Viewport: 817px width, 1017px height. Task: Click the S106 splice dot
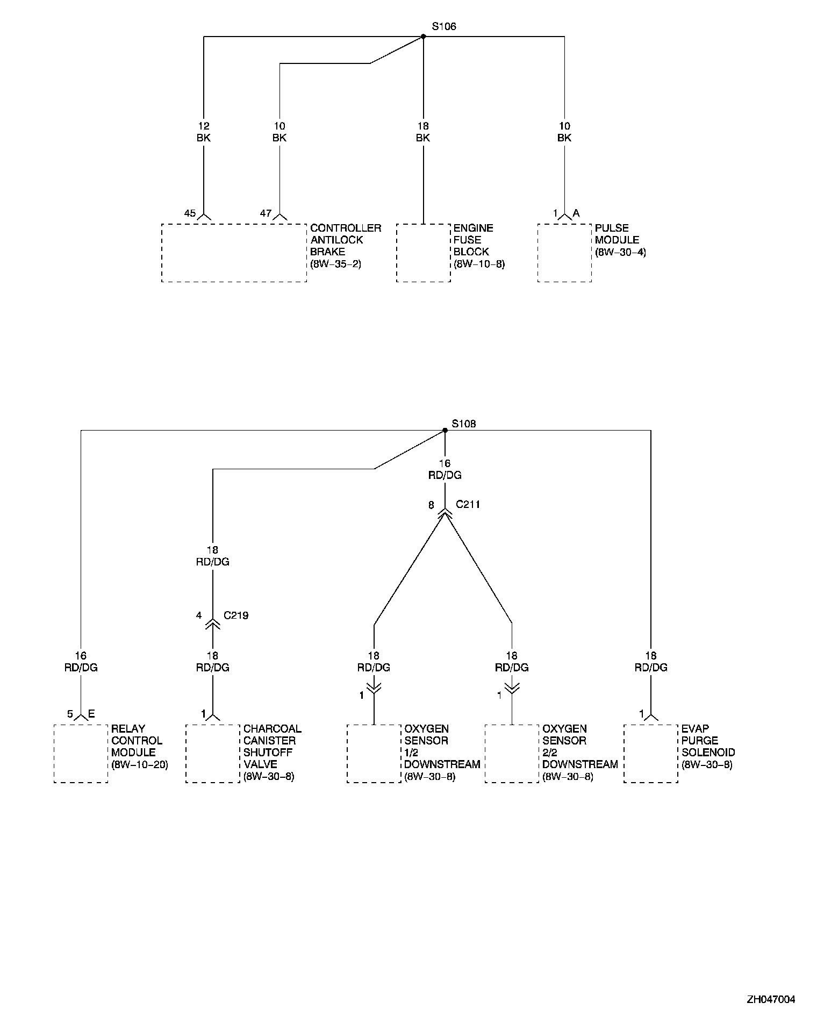tap(423, 37)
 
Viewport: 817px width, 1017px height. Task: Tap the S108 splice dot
tap(445, 430)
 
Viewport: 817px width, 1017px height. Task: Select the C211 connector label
tap(468, 505)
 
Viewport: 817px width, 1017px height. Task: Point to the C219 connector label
tap(236, 615)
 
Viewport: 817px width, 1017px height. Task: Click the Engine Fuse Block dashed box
tap(423, 253)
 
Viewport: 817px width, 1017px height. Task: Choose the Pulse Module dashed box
tap(564, 253)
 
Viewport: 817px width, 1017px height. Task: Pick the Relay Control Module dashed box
tap(81, 753)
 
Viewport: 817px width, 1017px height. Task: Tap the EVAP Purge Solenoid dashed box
tap(650, 753)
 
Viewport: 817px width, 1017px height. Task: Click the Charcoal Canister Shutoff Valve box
tap(213, 753)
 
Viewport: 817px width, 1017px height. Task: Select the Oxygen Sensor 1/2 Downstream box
tap(374, 753)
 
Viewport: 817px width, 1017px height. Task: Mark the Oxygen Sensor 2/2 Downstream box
tap(512, 753)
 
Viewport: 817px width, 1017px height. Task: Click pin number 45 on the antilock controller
tap(190, 213)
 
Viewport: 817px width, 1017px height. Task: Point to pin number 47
tap(266, 213)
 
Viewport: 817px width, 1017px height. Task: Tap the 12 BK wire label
tap(204, 132)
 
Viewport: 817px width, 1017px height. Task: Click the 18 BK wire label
tap(423, 132)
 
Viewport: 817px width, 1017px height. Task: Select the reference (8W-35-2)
tap(336, 264)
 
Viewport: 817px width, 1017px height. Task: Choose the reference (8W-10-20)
tap(140, 764)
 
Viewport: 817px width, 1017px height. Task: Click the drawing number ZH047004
tap(770, 999)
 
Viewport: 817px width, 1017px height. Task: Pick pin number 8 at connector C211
tap(431, 505)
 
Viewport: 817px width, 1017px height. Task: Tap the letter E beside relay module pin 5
tap(91, 714)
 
